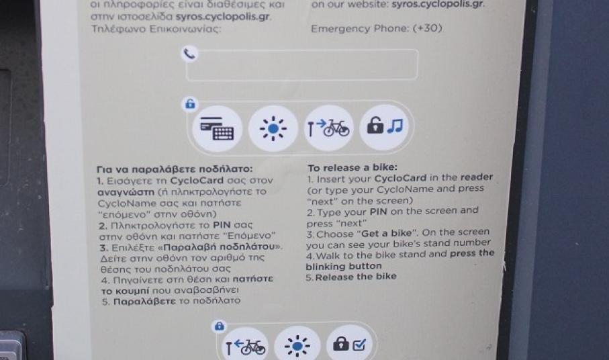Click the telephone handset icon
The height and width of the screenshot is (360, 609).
189,54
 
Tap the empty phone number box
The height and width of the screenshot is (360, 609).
302,65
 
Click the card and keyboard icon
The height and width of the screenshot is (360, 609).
217,128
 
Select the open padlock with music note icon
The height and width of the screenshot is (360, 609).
384,126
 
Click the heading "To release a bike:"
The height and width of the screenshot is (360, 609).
353,167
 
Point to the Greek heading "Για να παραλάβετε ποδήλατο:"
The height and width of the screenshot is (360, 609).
175,169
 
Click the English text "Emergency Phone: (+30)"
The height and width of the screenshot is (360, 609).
377,28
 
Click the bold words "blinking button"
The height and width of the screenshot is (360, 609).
344,267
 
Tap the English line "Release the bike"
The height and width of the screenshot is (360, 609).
356,277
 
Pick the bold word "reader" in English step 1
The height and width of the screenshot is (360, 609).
477,177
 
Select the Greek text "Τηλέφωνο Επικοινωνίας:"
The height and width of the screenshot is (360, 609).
156,29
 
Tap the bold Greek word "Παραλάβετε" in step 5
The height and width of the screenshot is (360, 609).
144,302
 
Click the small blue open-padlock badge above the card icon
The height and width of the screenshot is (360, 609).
190,104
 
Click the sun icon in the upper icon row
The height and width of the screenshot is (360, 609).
273,128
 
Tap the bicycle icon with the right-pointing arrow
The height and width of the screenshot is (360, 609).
328,128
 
